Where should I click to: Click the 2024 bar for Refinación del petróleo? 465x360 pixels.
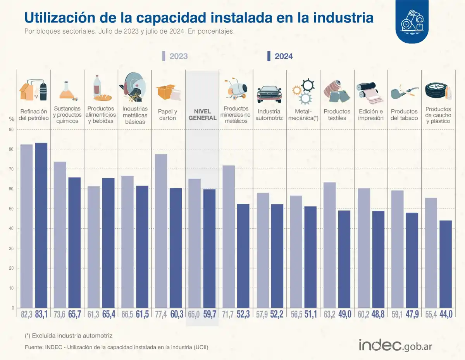41,225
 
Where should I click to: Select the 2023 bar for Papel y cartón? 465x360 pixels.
161,231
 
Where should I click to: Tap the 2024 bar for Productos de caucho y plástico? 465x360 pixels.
446,264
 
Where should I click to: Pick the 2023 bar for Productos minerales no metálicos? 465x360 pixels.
229,236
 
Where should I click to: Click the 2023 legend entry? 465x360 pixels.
175,56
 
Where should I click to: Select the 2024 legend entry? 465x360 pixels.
280,56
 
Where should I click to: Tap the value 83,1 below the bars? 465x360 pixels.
41,314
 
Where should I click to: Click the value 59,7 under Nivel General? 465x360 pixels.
210,314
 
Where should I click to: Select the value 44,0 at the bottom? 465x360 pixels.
446,314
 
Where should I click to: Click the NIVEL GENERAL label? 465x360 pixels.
202,115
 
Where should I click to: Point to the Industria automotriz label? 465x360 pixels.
269,115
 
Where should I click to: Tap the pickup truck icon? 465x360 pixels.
269,93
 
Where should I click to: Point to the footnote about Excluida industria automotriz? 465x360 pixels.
68,335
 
